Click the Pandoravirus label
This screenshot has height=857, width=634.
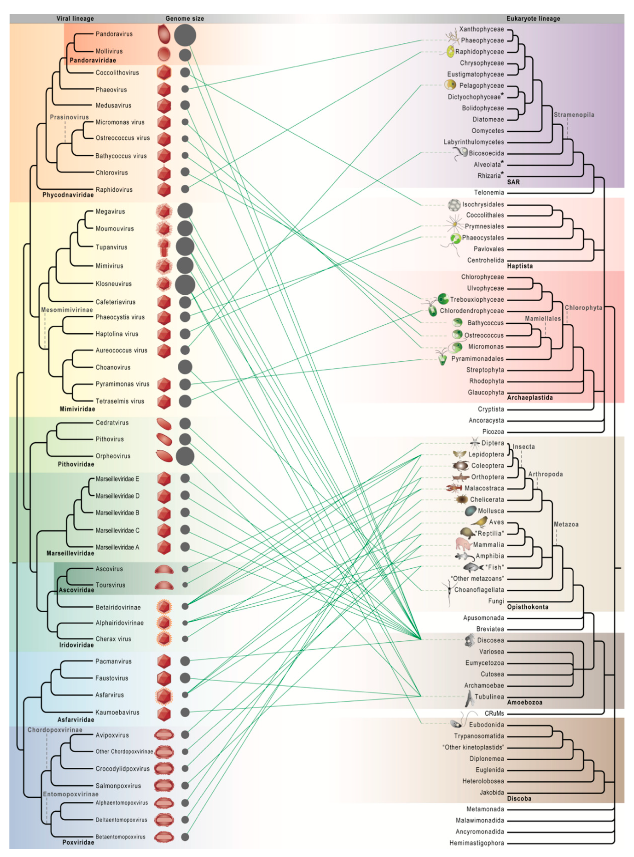click(114, 34)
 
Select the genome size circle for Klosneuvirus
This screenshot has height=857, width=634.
click(185, 285)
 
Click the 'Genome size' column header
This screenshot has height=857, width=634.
click(185, 18)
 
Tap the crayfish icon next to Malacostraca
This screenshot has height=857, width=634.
click(454, 488)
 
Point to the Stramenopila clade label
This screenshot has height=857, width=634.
click(574, 115)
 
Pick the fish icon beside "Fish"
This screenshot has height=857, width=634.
click(473, 567)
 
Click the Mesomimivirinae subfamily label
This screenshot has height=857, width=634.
click(67, 310)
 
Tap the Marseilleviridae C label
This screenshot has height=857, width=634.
click(117, 530)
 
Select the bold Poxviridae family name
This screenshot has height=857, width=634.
click(78, 842)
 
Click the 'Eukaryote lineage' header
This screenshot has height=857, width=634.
click(533, 18)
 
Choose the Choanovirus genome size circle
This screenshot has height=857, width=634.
click(185, 367)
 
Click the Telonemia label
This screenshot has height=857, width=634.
click(489, 192)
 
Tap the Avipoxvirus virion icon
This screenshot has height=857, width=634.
click(164, 735)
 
